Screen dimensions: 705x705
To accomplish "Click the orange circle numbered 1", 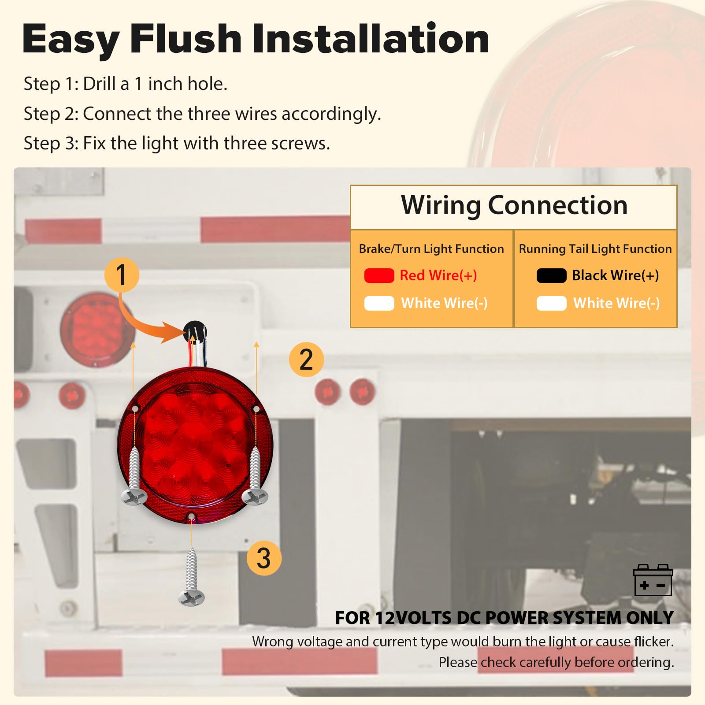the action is [x=122, y=275].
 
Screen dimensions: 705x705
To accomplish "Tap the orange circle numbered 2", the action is [x=306, y=359].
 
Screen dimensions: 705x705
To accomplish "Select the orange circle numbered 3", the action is [x=264, y=558].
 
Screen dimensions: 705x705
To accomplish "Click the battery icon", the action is [x=653, y=580].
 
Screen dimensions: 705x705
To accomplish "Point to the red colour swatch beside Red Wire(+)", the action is [x=379, y=275].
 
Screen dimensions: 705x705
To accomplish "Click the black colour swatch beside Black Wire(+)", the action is [x=551, y=275].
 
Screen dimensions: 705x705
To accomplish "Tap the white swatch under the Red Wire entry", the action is [x=379, y=303].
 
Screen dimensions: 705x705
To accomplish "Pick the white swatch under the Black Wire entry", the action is [x=551, y=303].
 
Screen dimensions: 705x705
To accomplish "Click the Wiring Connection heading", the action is [x=514, y=205].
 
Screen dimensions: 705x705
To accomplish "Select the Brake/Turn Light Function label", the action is [x=431, y=249].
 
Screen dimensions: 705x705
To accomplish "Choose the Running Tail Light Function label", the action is [x=595, y=249].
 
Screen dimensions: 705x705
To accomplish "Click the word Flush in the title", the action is [x=186, y=38].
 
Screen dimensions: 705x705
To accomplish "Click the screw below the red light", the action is [x=191, y=577].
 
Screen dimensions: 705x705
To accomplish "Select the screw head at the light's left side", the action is [x=134, y=497].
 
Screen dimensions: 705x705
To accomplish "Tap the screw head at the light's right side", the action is [x=255, y=497].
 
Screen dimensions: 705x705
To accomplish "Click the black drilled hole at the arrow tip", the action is [x=194, y=332].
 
